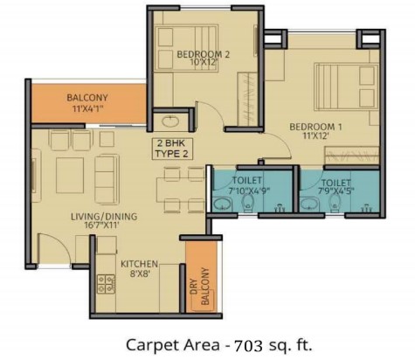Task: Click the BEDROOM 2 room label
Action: (203, 54)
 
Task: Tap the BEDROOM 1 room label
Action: (315, 127)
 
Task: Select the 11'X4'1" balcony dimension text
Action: (87, 109)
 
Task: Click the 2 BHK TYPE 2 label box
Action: (172, 149)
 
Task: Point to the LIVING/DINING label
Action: (104, 217)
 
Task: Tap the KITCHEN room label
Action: (139, 264)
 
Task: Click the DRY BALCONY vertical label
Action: (201, 286)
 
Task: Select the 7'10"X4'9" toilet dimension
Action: (250, 191)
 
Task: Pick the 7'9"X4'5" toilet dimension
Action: (335, 191)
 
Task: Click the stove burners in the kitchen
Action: (107, 284)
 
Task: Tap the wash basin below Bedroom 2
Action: (170, 121)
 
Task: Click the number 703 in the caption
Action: (247, 345)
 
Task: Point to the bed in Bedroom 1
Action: (346, 87)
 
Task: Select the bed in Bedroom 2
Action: (186, 48)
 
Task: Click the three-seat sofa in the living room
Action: (107, 179)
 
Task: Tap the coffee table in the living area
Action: (70, 176)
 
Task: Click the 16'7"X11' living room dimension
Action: (95, 225)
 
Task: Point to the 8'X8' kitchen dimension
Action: (140, 273)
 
